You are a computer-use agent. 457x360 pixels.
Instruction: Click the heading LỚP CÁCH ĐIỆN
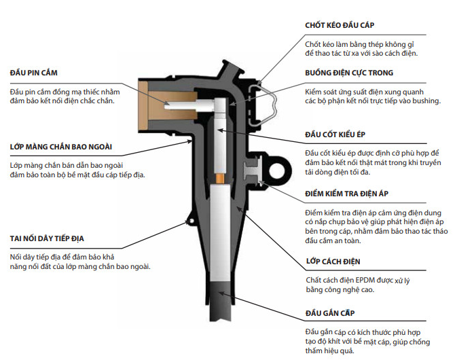(333, 262)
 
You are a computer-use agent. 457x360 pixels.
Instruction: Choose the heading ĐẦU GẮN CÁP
(330, 315)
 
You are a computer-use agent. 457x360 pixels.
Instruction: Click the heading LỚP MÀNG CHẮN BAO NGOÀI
(60, 147)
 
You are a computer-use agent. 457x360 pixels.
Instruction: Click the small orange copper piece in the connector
(220, 178)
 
